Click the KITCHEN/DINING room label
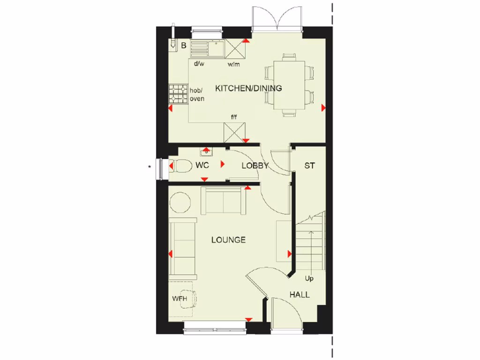click(x=248, y=88)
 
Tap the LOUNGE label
click(x=228, y=240)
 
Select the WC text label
click(x=202, y=165)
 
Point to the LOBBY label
click(x=255, y=165)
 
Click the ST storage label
click(x=309, y=165)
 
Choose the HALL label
click(x=299, y=295)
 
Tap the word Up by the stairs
click(x=309, y=278)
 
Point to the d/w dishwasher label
click(x=199, y=64)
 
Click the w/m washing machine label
click(x=233, y=64)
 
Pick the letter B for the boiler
click(x=184, y=45)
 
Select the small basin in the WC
click(x=206, y=151)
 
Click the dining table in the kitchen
click(x=289, y=84)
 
